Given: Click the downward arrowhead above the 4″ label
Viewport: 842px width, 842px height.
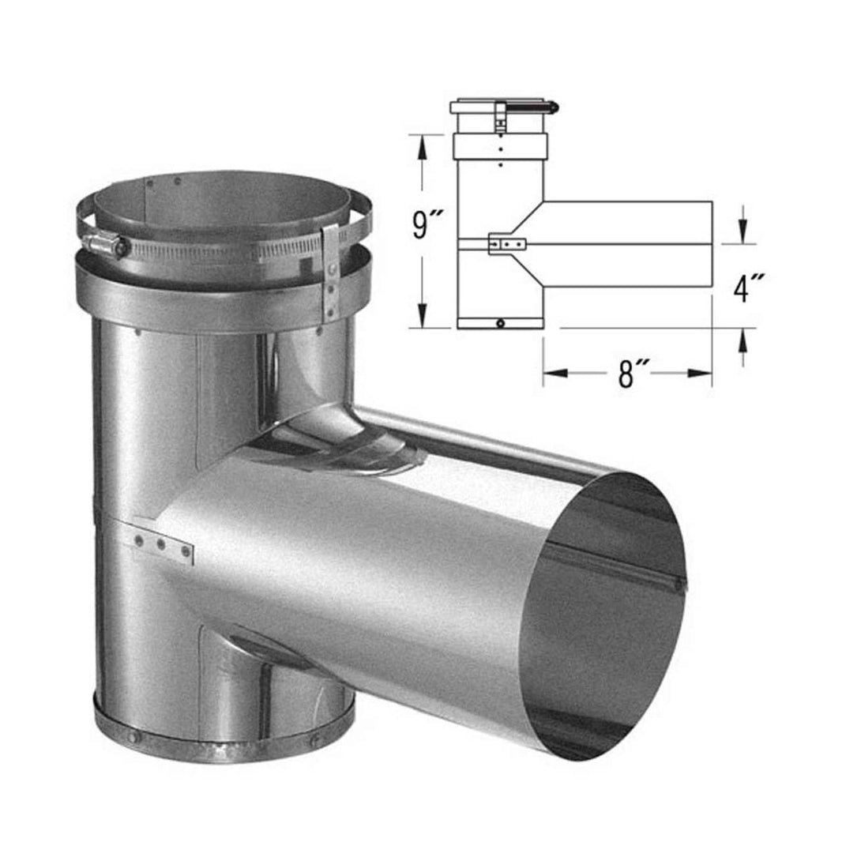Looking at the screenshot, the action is pos(743,231).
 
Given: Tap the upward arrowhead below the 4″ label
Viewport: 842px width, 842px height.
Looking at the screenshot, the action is pos(743,340).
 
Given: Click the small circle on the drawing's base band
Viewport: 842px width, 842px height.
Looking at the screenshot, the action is pos(501,323).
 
